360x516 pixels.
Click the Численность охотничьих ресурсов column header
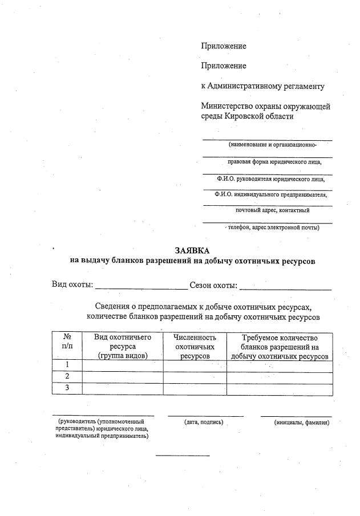195,346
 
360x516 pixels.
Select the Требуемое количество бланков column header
280,346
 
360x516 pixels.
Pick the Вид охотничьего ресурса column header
123,346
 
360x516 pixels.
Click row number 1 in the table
67,365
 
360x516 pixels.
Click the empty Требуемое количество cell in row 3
280,389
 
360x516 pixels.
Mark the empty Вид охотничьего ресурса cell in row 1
123,365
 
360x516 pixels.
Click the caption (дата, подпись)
203,422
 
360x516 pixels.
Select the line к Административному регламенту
262,87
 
